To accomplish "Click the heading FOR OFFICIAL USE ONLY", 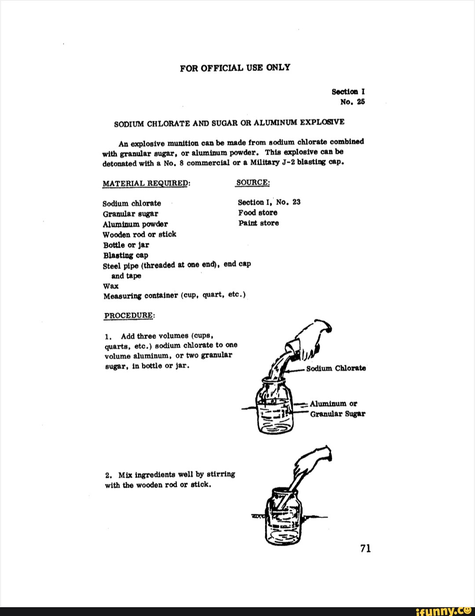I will click(x=235, y=68).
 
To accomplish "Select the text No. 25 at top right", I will click(x=353, y=102).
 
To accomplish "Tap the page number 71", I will click(x=365, y=548).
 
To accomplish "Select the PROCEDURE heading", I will click(x=129, y=315).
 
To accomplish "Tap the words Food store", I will click(x=258, y=213).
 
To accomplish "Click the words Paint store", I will click(x=259, y=223).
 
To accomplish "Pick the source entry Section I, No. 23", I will click(x=269, y=202).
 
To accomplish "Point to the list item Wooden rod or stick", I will click(x=139, y=234).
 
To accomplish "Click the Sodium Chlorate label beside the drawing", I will click(x=336, y=368).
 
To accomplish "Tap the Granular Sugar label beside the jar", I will click(x=337, y=414).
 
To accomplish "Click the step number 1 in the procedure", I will click(x=108, y=337).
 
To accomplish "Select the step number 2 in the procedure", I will click(x=108, y=475).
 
